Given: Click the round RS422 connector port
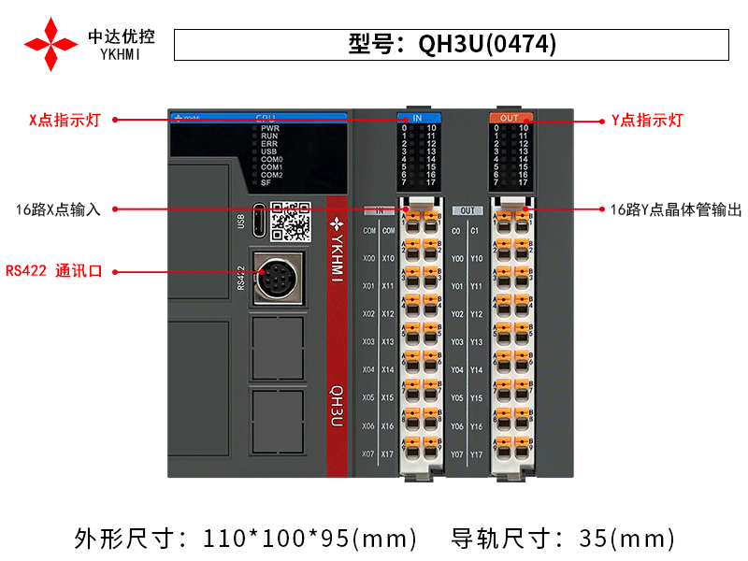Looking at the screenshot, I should [x=278, y=279].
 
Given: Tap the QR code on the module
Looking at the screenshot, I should [x=290, y=221].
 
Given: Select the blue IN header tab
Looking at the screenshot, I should [x=417, y=119].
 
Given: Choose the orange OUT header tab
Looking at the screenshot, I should [x=509, y=119].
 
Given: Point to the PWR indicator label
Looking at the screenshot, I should [x=269, y=128].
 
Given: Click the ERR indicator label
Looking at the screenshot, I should [x=269, y=143].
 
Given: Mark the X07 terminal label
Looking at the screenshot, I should [x=368, y=454].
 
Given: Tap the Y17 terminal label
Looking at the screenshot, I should [x=477, y=454].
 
